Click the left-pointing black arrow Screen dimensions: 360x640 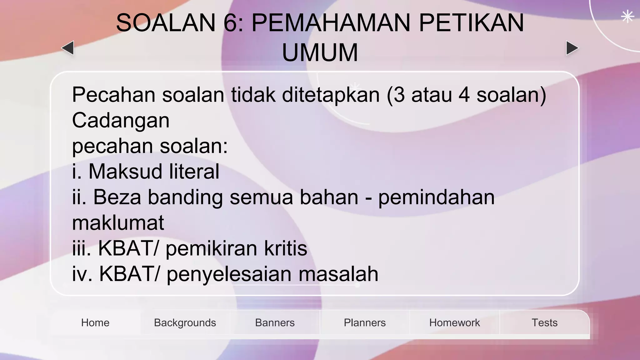(68, 48)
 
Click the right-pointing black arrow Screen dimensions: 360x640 (572, 48)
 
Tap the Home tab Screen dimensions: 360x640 (95, 322)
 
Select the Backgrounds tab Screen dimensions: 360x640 (185, 322)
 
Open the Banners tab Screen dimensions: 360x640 (275, 322)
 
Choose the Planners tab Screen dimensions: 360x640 (365, 322)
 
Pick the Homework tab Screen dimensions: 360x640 (454, 322)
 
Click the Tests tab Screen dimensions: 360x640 (544, 322)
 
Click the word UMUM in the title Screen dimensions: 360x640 (320, 52)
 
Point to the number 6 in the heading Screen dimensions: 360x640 (231, 23)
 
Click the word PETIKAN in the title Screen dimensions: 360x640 (471, 23)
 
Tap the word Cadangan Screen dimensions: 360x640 (121, 120)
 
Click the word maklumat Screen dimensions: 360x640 (118, 222)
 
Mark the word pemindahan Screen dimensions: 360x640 (436, 197)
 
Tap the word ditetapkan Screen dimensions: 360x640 (331, 94)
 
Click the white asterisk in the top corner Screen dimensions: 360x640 (627, 17)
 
